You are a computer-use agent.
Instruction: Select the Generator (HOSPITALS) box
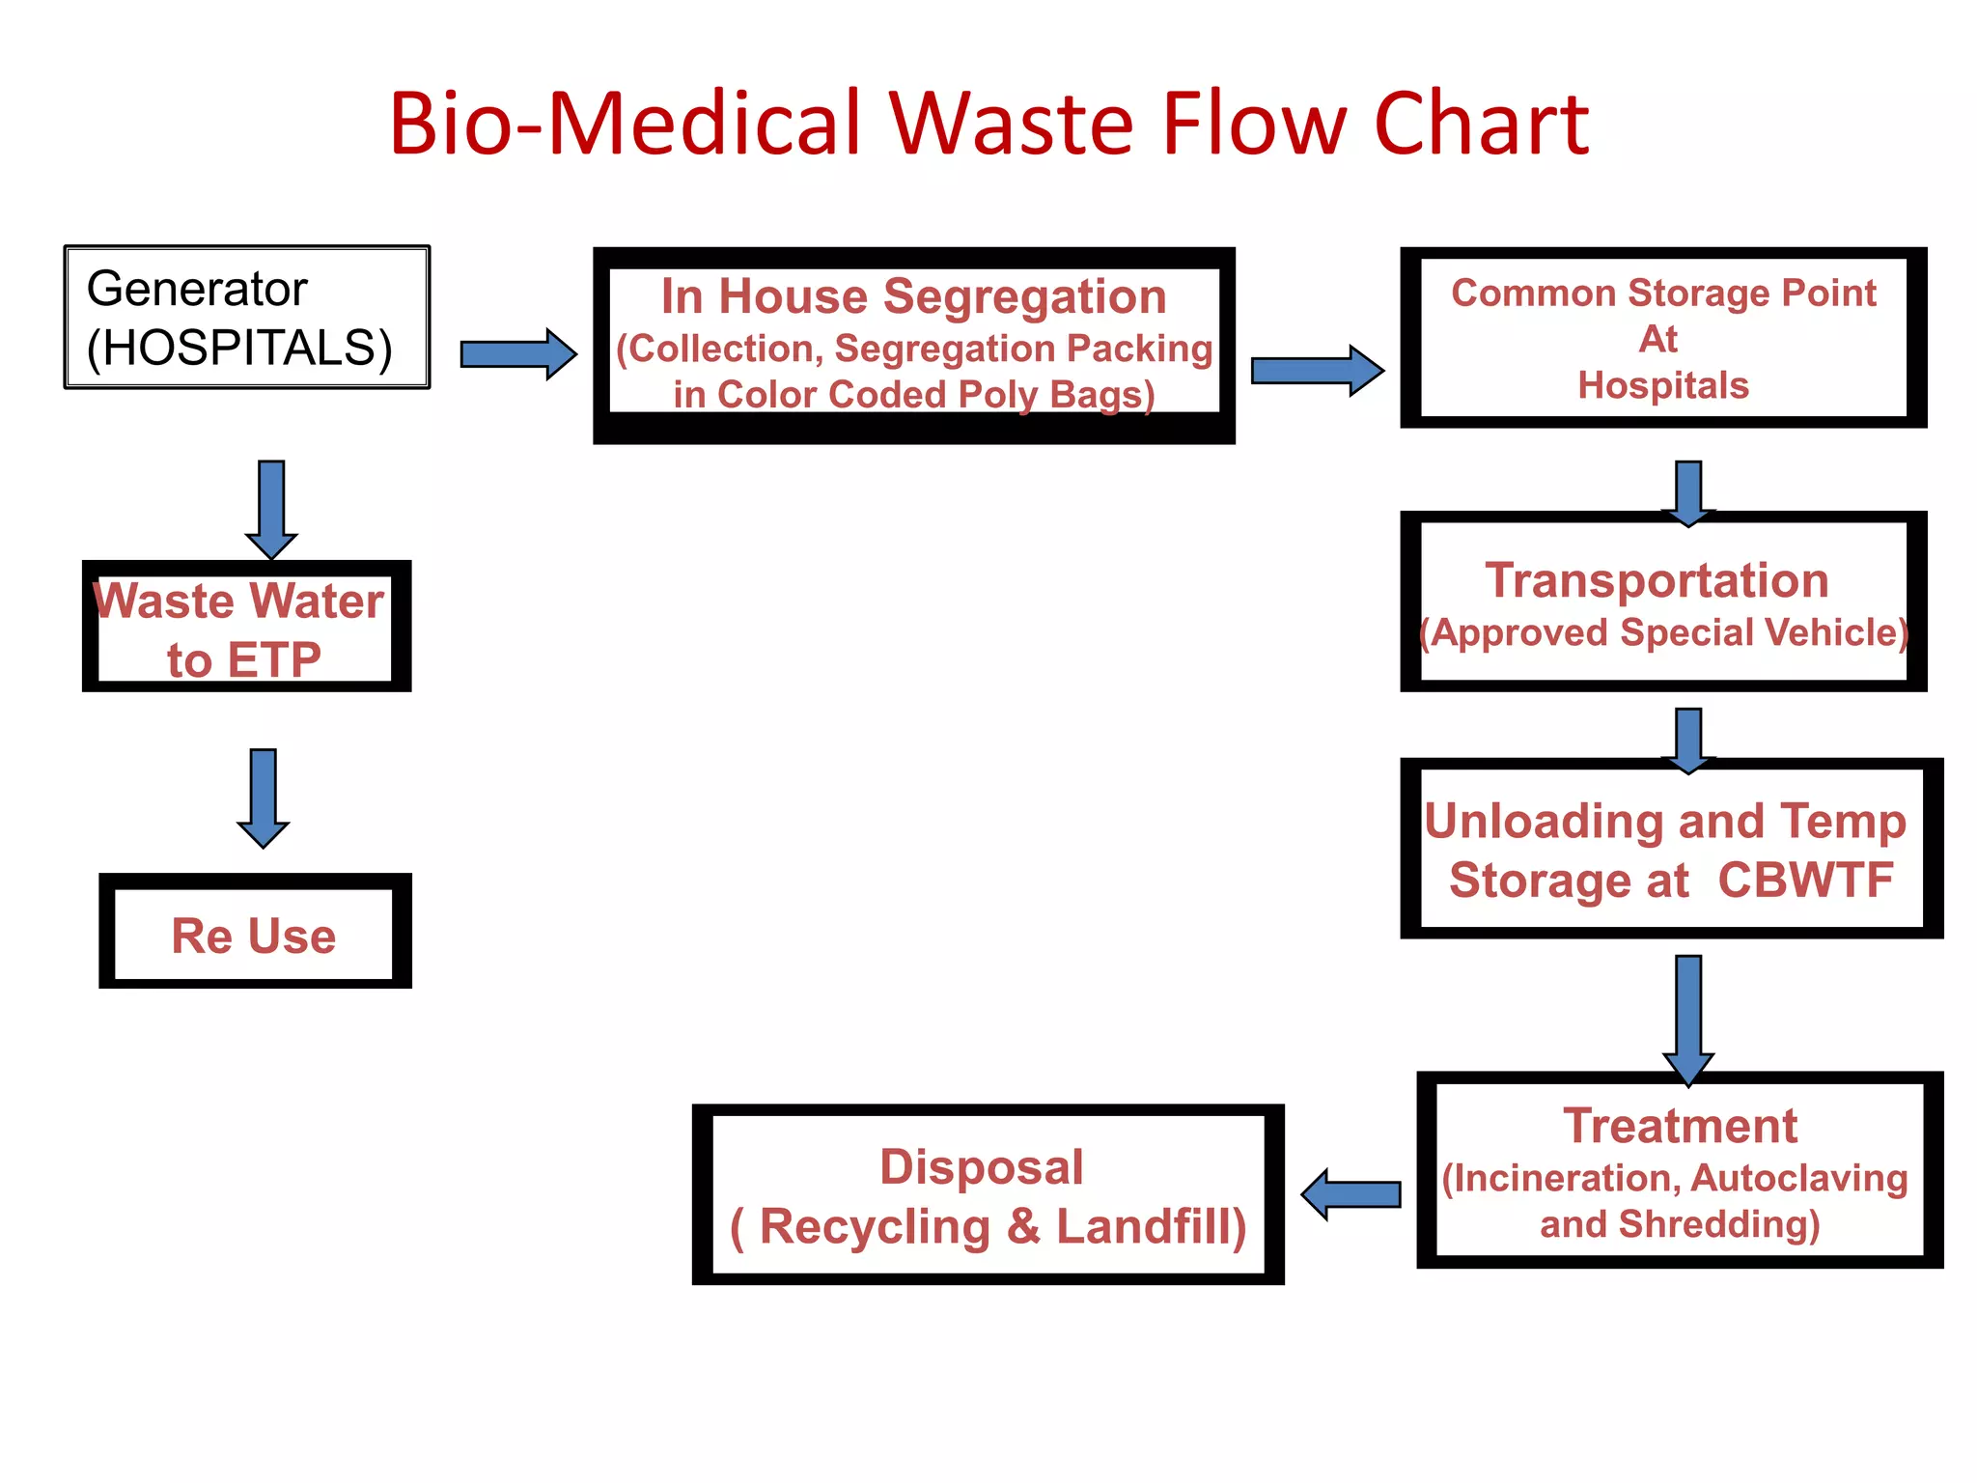tap(247, 318)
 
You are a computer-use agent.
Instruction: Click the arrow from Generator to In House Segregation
tap(517, 354)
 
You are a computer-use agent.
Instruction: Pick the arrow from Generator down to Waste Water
tap(271, 509)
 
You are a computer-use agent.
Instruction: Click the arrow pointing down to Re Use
tap(264, 797)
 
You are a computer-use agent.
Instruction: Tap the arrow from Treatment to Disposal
tap(1350, 1194)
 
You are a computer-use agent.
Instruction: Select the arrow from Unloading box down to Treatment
tap(1688, 1020)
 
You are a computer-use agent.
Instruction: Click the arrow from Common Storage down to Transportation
tap(1688, 492)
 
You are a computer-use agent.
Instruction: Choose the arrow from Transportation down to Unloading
tap(1688, 740)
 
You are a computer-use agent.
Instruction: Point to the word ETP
tap(274, 660)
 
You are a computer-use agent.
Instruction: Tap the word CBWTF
tap(1805, 880)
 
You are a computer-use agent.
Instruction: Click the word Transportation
tap(1657, 580)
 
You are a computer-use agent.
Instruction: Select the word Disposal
tap(982, 1166)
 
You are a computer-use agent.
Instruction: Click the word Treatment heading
tap(1680, 1126)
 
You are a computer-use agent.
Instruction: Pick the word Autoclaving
tap(1799, 1178)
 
